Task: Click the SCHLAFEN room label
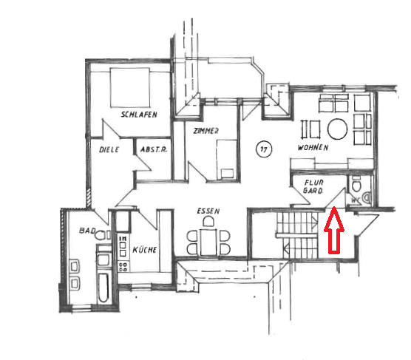[x=139, y=115]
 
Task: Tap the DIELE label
[x=109, y=149]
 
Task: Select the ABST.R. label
[x=154, y=149]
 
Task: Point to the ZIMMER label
[x=206, y=131]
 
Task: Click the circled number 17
[x=264, y=149]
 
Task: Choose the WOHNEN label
[x=313, y=147]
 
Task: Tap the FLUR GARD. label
[x=313, y=186]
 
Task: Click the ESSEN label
[x=208, y=211]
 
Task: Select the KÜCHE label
[x=145, y=250]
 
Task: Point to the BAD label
[x=87, y=231]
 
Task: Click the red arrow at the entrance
[x=334, y=230]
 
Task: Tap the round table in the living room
[x=338, y=129]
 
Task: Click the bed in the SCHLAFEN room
[x=130, y=87]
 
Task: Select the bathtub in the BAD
[x=103, y=288]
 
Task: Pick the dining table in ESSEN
[x=208, y=242]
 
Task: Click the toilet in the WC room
[x=356, y=184]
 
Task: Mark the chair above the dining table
[x=208, y=222]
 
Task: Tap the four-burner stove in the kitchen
[x=123, y=267]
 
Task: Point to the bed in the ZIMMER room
[x=227, y=160]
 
